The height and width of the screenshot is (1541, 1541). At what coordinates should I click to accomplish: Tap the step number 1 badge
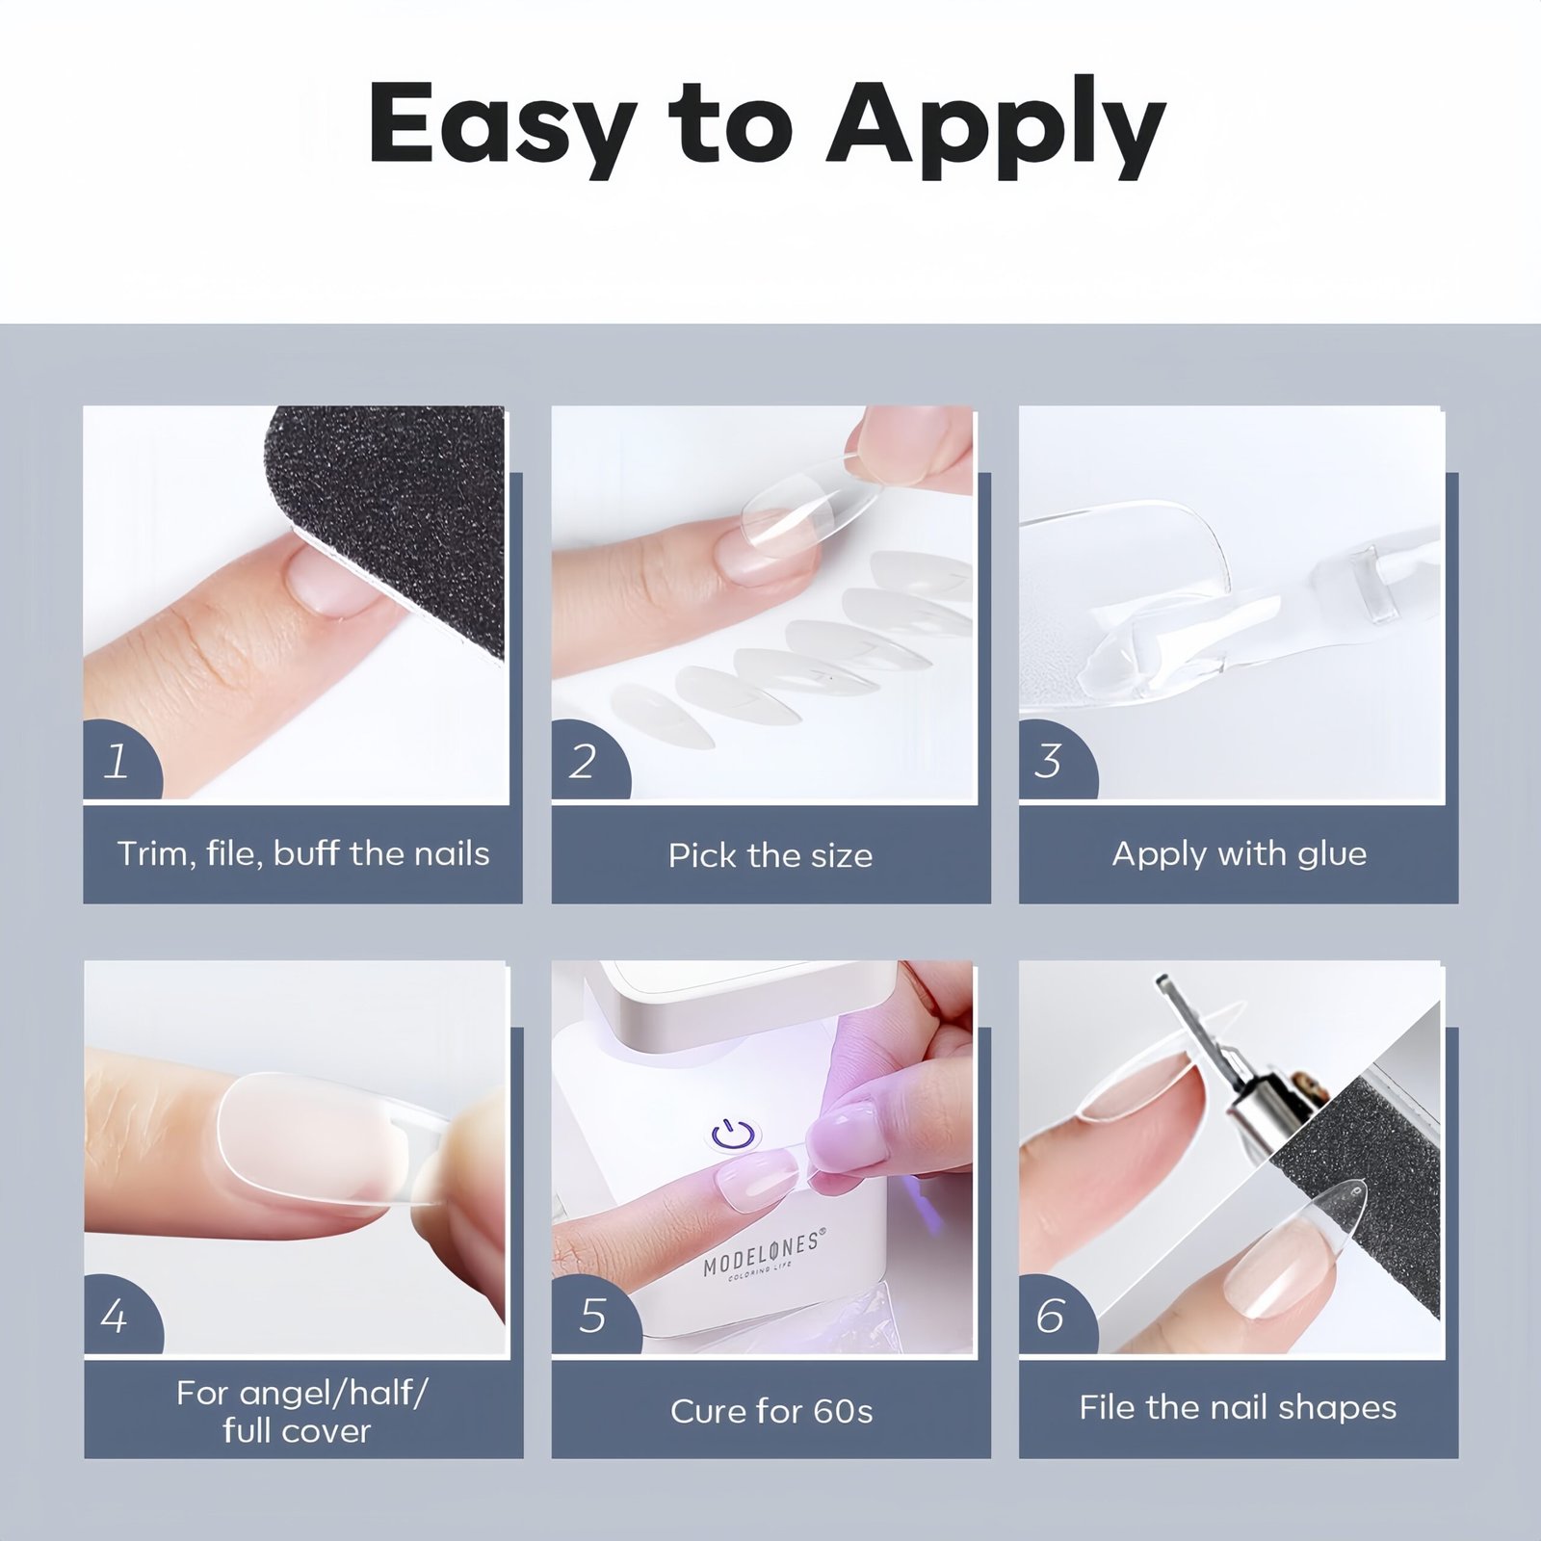120,761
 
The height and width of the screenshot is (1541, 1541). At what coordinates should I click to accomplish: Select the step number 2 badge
588,761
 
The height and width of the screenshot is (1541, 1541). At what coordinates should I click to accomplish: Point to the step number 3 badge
1056,761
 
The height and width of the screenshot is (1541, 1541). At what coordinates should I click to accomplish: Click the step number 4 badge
120,1316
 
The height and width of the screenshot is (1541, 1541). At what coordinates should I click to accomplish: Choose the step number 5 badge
593,1316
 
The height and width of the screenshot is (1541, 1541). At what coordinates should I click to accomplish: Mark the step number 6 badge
1056,1316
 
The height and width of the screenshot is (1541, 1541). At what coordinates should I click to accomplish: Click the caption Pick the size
770,855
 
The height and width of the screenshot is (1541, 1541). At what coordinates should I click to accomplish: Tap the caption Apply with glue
1240,854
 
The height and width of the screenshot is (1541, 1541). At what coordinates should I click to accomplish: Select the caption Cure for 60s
771,1411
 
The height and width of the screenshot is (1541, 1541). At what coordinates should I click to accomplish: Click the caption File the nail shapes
1238,1408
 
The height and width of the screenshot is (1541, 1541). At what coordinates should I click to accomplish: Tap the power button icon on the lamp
734,1135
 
